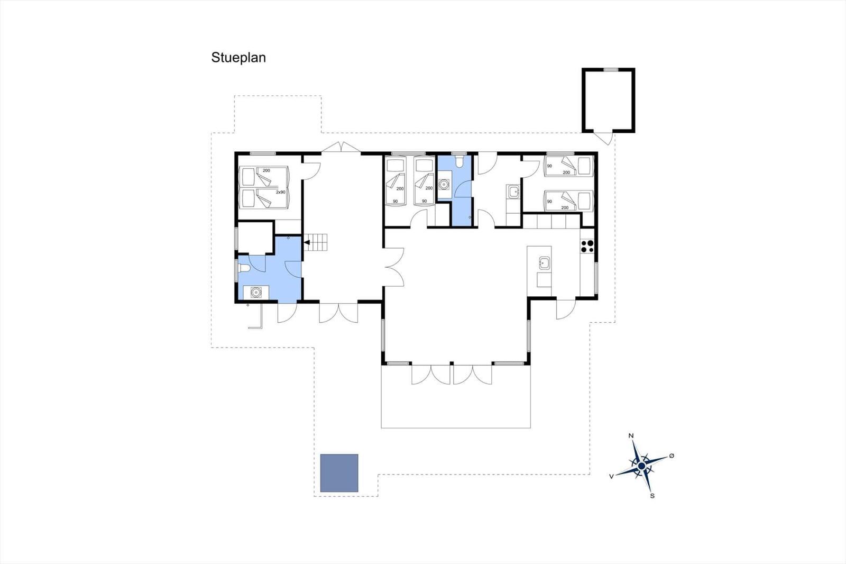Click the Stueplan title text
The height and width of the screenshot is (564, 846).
click(x=238, y=58)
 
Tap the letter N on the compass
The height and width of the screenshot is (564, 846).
click(x=631, y=436)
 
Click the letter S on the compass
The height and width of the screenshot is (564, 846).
click(x=652, y=496)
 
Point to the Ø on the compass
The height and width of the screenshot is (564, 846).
click(x=672, y=456)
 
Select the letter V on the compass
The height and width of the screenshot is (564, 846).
click(x=611, y=476)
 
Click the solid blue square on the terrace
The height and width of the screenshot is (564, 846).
click(x=339, y=473)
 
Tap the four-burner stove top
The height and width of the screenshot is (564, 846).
click(x=587, y=246)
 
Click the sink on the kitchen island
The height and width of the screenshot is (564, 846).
click(x=544, y=263)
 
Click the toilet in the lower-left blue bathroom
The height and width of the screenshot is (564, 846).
click(x=244, y=268)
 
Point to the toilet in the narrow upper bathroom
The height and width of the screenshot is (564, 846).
click(x=459, y=162)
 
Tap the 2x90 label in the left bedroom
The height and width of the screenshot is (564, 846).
click(x=281, y=192)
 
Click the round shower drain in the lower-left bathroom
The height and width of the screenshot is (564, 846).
click(x=256, y=292)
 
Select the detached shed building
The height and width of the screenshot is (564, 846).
click(x=609, y=100)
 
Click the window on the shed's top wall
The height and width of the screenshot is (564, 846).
click(x=611, y=69)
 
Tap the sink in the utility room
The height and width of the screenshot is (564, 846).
click(x=514, y=192)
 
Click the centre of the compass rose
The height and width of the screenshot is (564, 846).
click(x=641, y=466)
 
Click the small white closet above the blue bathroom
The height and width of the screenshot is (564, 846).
click(x=255, y=238)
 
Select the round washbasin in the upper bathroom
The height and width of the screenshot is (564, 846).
click(x=444, y=185)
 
